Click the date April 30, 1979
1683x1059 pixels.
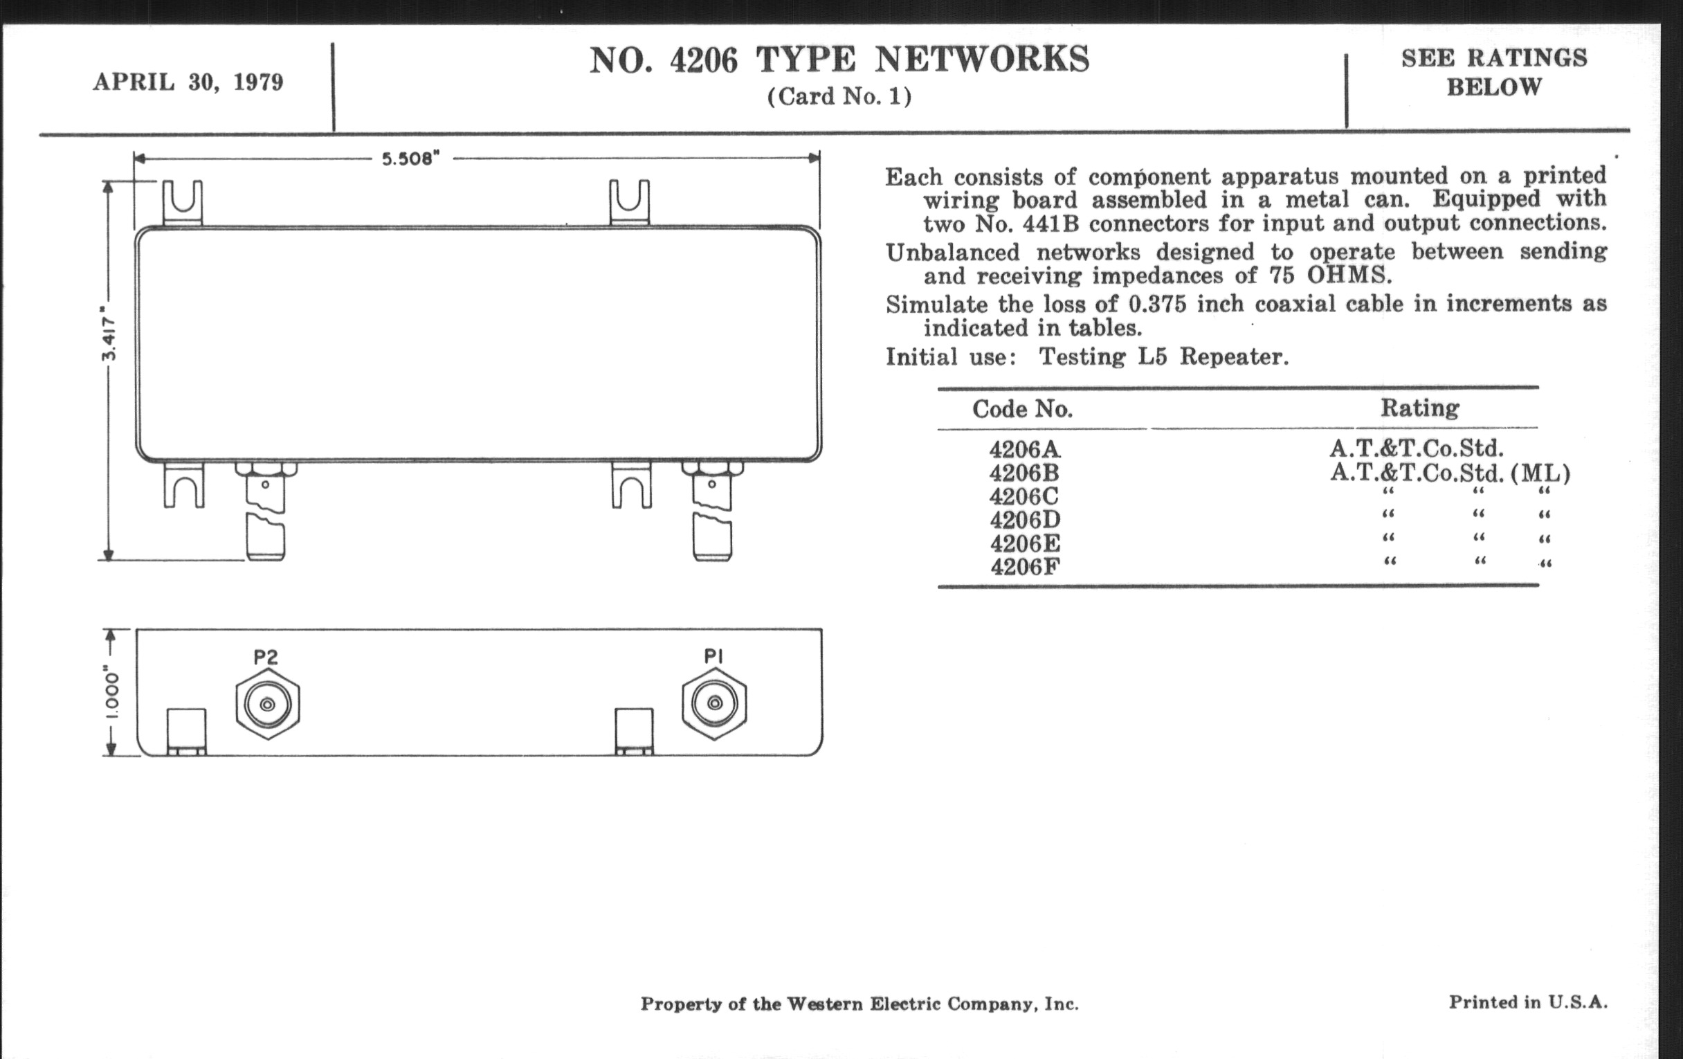coord(189,82)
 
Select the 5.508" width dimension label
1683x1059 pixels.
coord(411,159)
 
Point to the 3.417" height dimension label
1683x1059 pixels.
coord(109,334)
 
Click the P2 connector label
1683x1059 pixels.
coord(266,657)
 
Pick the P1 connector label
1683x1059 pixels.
coord(713,655)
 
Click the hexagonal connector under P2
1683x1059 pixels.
coord(268,704)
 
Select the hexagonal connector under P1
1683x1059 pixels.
coord(714,703)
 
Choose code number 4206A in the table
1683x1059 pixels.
coord(1025,449)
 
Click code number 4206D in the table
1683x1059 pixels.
coord(1025,519)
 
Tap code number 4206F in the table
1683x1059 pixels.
coord(1025,566)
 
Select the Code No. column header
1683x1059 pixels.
coord(1023,409)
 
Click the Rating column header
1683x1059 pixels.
coord(1419,408)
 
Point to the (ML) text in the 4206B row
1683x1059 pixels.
coord(1540,474)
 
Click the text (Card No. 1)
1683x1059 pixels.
coord(839,96)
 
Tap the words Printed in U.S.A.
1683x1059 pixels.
coord(1528,1002)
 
